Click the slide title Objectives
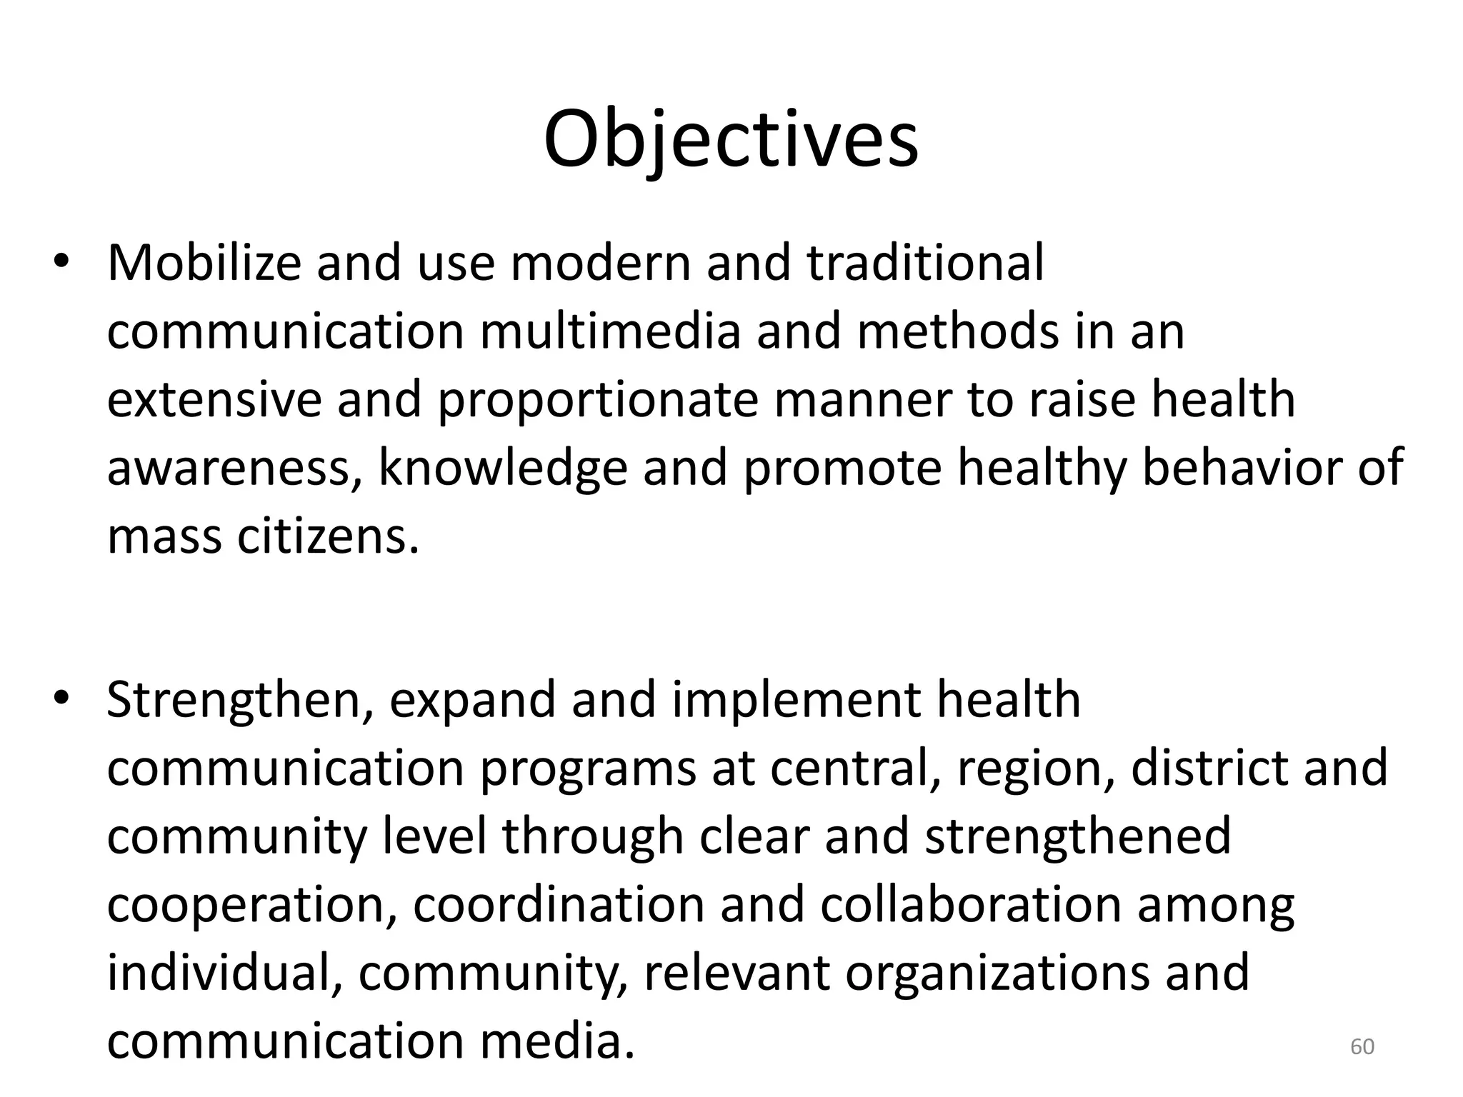[731, 139]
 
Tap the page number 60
[1362, 1046]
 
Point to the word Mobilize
[204, 263]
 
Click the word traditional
[926, 263]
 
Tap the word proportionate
[597, 401]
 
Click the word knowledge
[503, 470]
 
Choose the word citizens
[327, 537]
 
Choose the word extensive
[214, 400]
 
